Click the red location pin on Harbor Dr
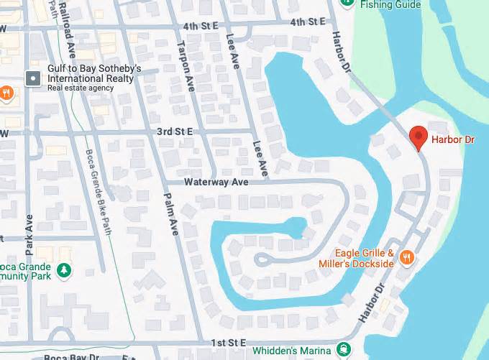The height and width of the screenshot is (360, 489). click(418, 137)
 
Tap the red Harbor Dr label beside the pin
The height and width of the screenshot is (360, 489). click(452, 141)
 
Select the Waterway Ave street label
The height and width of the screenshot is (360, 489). click(216, 183)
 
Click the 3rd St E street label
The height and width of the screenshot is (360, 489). click(175, 131)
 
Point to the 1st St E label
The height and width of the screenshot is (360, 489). click(228, 343)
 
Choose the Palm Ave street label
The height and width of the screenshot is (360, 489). click(172, 214)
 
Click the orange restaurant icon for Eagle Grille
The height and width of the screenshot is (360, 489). click(407, 258)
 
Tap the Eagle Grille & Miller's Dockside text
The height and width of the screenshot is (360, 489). click(357, 259)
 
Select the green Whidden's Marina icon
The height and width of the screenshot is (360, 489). click(343, 351)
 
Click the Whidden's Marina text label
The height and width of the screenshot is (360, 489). click(292, 351)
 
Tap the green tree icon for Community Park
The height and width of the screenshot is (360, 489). click(65, 270)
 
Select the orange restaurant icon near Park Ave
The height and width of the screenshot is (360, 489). click(6, 92)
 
